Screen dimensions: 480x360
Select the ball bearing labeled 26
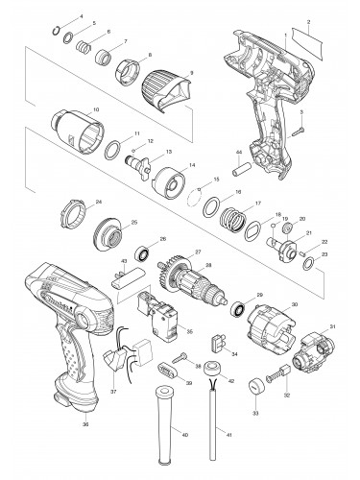click(x=143, y=257)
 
